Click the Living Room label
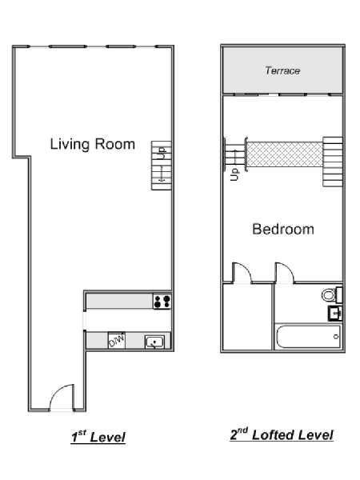pyautogui.click(x=93, y=144)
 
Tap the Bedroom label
pyautogui.click(x=283, y=229)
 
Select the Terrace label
pyautogui.click(x=282, y=70)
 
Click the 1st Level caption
pyautogui.click(x=98, y=436)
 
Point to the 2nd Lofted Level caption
pyautogui.click(x=282, y=434)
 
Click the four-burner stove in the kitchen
pyautogui.click(x=162, y=302)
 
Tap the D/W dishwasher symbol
pyautogui.click(x=117, y=341)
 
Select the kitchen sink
pyautogui.click(x=155, y=342)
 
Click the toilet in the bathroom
pyautogui.click(x=332, y=294)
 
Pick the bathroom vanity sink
pyautogui.click(x=335, y=313)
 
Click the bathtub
pyautogui.click(x=308, y=337)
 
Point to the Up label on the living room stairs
pyautogui.click(x=162, y=153)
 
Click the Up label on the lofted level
pyautogui.click(x=234, y=174)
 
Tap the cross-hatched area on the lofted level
pyautogui.click(x=285, y=154)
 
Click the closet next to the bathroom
pyautogui.click(x=248, y=317)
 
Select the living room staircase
pyautogui.click(x=162, y=166)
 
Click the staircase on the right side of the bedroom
pyautogui.click(x=333, y=162)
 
